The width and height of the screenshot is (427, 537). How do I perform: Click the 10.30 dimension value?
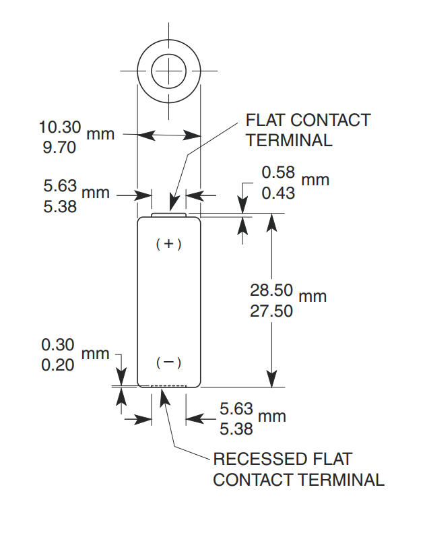pos(60,127)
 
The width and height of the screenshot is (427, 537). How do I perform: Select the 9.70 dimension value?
pos(60,147)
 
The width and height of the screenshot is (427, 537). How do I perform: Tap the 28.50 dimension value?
pos(271,290)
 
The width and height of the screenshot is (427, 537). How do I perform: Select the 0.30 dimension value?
pos(58,345)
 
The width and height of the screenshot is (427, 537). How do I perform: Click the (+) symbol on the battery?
pos(168,244)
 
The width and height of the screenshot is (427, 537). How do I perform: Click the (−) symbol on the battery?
pos(168,363)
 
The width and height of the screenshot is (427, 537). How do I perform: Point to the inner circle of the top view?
pos(168,71)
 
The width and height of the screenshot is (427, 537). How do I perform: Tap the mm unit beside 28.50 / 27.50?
pos(313,296)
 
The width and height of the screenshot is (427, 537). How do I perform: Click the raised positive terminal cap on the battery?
pos(168,215)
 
